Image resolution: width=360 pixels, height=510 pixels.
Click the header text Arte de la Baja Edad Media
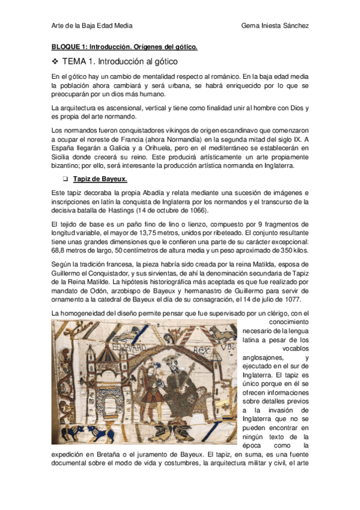(92, 26)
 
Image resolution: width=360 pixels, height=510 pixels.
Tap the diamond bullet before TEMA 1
(55, 61)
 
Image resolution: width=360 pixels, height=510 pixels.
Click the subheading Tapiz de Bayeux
(100, 179)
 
